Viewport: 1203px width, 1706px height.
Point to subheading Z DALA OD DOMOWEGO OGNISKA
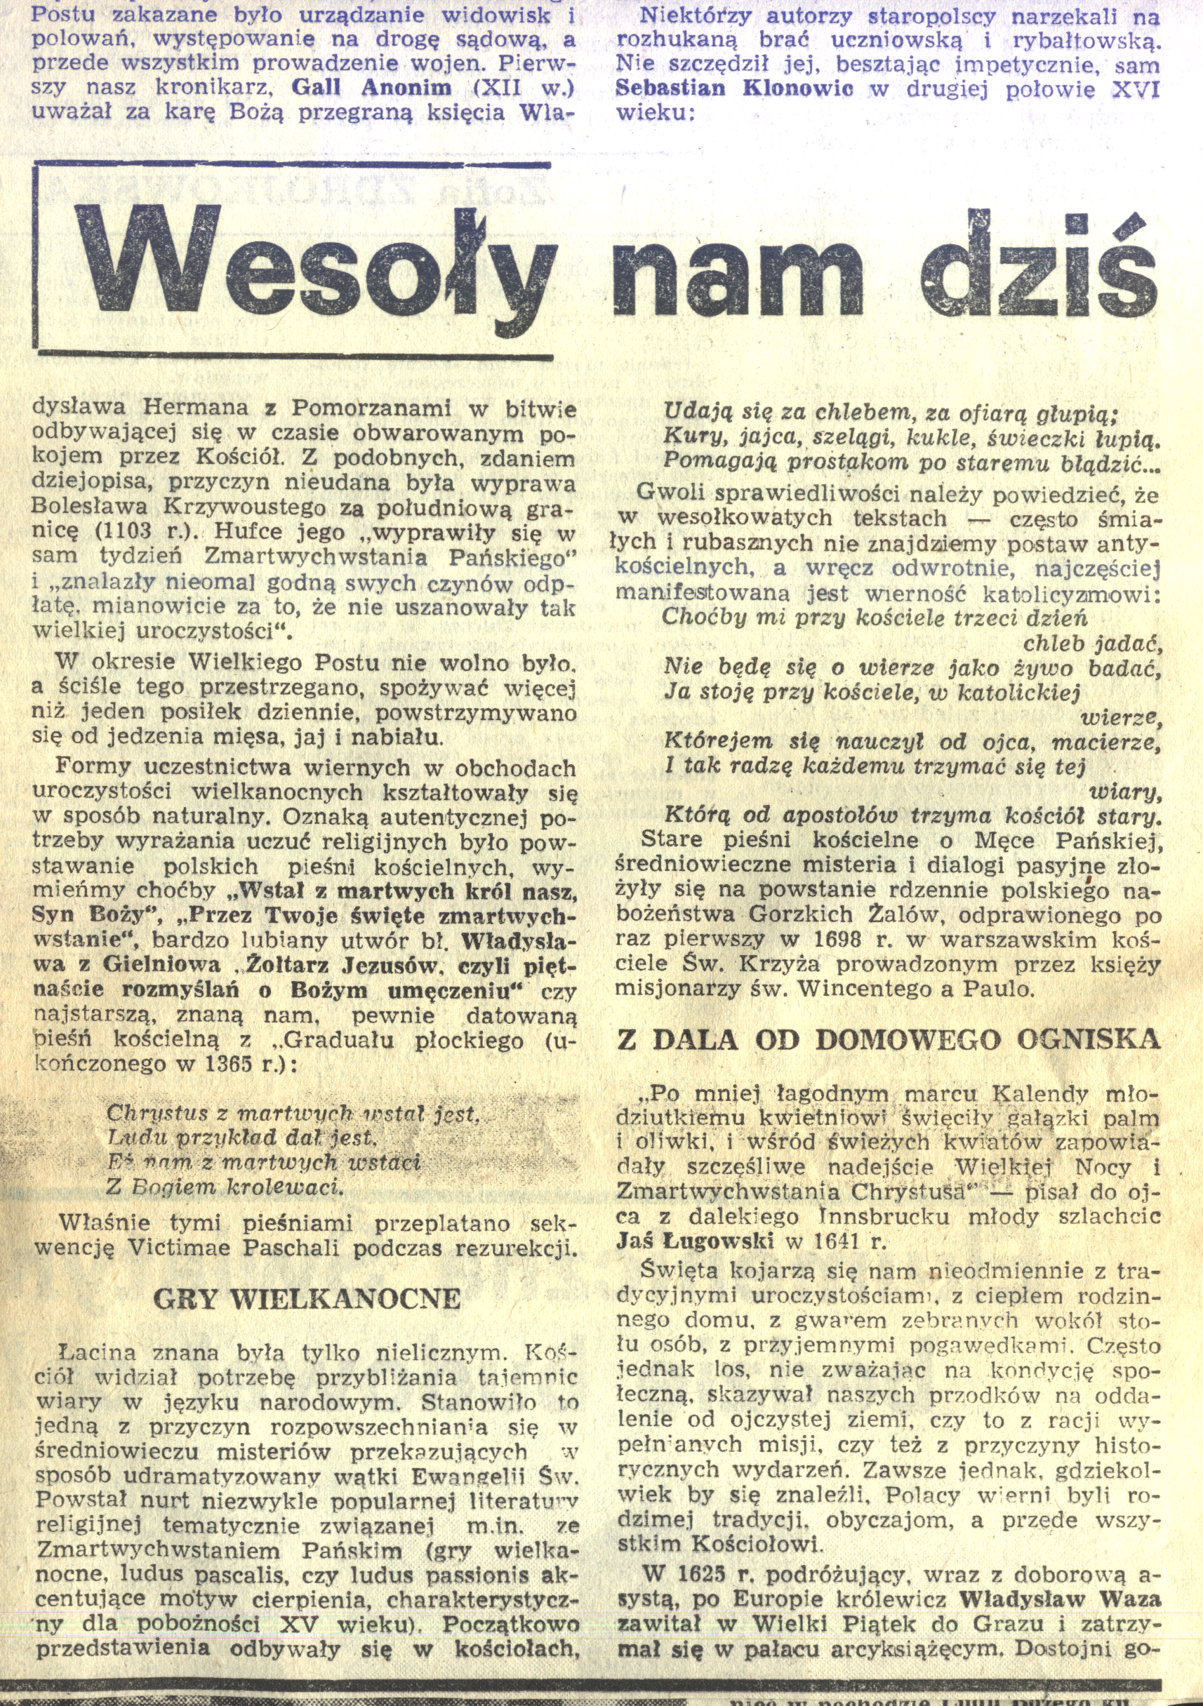pos(889,1039)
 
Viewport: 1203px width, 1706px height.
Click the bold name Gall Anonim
pos(371,88)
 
